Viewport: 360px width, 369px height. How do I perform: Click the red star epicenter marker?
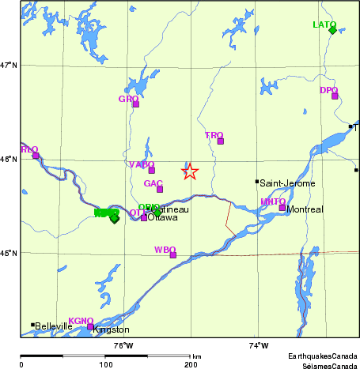[190, 171]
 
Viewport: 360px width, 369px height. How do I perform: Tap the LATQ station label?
[324, 24]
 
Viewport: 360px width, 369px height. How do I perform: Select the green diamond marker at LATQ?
[333, 30]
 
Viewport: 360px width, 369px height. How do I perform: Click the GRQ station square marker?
[135, 104]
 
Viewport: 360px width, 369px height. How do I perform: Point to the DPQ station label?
[328, 90]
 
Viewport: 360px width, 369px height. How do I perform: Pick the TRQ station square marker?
[221, 141]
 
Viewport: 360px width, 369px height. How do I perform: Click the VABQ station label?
[141, 164]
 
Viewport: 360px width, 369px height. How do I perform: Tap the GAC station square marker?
[159, 189]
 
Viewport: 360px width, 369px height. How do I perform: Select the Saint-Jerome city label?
[287, 183]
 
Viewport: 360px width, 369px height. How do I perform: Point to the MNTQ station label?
[272, 201]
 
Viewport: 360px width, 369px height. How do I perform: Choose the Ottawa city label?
[163, 217]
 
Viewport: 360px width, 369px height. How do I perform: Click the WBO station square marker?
[173, 255]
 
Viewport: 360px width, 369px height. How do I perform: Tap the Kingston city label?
[111, 329]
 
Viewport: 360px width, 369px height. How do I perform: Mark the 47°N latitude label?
[9, 65]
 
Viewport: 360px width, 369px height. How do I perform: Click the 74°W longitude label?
[258, 345]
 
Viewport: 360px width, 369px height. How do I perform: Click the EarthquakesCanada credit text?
[322, 356]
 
